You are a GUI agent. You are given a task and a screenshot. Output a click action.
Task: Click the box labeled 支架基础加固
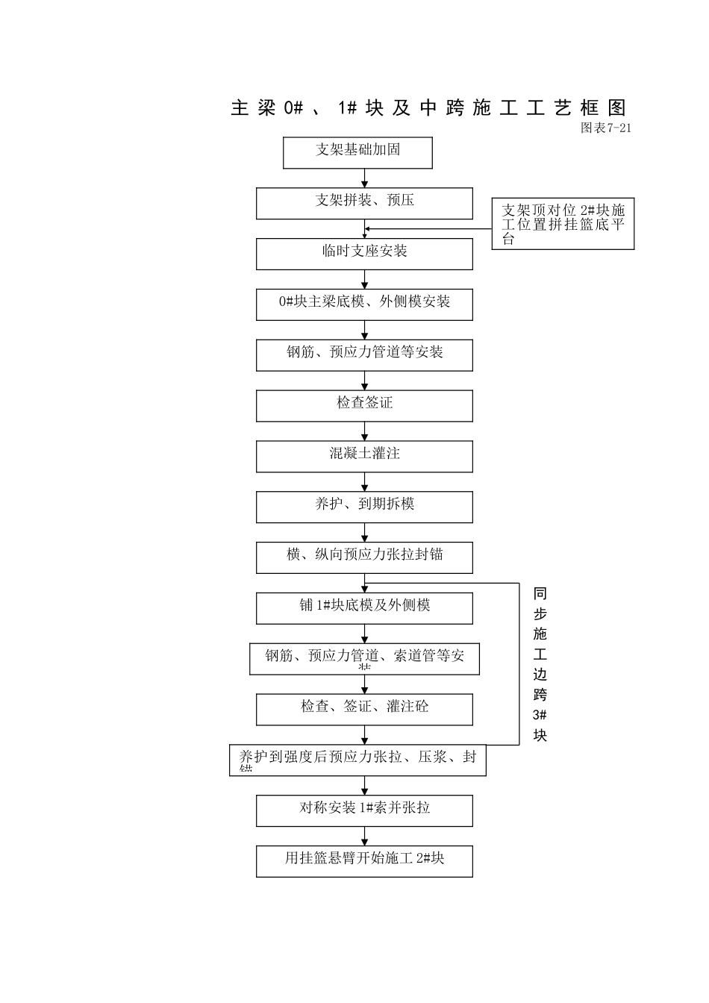tap(357, 153)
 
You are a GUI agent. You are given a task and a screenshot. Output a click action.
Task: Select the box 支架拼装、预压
tap(364, 203)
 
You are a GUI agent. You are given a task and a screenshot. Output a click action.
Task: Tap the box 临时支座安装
tap(364, 254)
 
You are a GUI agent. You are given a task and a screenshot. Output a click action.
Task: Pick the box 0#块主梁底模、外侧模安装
tap(364, 304)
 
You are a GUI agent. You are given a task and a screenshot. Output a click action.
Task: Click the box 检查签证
tap(364, 406)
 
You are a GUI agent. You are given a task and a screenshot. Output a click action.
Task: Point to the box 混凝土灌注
tap(364, 456)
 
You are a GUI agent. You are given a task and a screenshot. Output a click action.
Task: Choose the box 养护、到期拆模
tap(364, 507)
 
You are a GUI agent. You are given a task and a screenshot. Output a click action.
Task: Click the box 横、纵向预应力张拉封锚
tap(364, 557)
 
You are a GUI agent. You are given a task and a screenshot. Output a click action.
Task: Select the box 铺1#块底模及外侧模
tap(364, 608)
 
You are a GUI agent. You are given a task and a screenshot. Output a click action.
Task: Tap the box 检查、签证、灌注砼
tap(364, 709)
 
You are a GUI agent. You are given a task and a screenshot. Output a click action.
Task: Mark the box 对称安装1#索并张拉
tap(364, 810)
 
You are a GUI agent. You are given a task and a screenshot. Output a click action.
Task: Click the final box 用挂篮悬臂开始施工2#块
tap(364, 861)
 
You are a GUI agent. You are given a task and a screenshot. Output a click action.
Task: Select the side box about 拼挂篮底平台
tap(563, 224)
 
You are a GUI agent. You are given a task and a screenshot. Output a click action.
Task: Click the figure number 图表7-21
tap(606, 128)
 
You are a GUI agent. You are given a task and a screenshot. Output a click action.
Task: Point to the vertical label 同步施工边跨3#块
tap(540, 664)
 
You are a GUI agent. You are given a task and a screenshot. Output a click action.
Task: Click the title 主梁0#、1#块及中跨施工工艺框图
tap(428, 108)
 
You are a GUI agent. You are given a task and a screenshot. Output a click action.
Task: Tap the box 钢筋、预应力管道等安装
tap(364, 355)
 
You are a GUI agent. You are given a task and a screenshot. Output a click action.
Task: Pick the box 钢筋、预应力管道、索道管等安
tap(364, 659)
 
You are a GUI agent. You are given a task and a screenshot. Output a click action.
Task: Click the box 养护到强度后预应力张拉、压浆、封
tap(357, 760)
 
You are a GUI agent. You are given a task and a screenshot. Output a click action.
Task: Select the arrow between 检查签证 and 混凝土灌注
tap(365, 431)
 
